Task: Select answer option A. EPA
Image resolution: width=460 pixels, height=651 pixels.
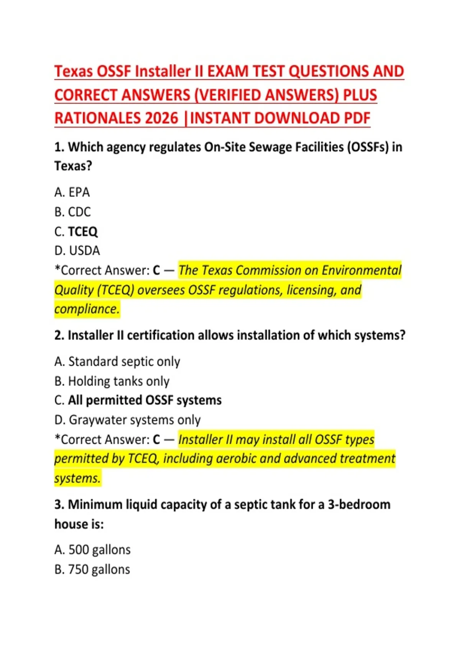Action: [x=72, y=192]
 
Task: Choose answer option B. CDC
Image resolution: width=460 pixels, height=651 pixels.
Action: [x=72, y=212]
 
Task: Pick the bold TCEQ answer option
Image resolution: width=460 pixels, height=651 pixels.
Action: [x=82, y=232]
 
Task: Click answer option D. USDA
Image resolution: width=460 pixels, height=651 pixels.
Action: [x=77, y=251]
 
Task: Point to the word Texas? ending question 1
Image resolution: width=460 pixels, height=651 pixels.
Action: [x=73, y=166]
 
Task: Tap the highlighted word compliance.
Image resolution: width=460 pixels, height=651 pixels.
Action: [x=87, y=309]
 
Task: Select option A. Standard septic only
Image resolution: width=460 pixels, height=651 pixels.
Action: [x=117, y=361]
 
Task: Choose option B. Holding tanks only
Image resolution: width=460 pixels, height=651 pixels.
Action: [x=112, y=381]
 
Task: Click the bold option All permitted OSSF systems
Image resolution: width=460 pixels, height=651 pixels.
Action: [x=145, y=401]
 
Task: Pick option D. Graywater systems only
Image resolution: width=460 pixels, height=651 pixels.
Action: [x=127, y=420]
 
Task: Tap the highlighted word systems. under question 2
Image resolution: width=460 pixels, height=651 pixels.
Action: [x=77, y=478]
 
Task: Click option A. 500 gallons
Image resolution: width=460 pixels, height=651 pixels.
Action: [x=92, y=550]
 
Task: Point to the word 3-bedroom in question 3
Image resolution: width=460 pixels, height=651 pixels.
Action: [x=359, y=505]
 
